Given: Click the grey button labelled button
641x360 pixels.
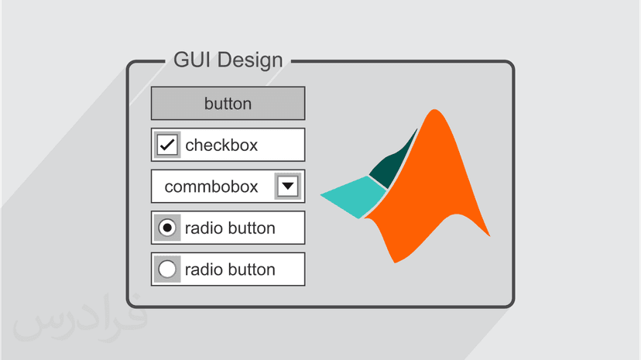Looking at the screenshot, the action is tap(228, 103).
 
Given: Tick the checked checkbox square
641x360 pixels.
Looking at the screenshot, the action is tap(167, 145).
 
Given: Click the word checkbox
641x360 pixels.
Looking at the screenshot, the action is tap(221, 145).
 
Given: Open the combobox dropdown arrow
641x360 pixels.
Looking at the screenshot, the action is tap(288, 187).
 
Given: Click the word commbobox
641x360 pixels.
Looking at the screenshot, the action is tap(211, 187).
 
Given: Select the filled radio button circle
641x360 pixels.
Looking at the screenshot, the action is tap(167, 228).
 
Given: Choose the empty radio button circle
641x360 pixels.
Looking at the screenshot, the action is tap(167, 269).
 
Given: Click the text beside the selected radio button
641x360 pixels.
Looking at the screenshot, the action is tap(230, 228).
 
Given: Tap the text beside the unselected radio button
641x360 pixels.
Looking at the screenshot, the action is tap(230, 269).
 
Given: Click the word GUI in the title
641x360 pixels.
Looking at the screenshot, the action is tap(193, 60).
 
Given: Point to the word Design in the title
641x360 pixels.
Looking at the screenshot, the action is tap(250, 60).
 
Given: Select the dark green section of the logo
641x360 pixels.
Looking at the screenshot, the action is tap(392, 163).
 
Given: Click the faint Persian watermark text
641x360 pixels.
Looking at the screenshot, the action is tap(80, 319).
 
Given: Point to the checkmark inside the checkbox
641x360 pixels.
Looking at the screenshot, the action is tap(167, 145).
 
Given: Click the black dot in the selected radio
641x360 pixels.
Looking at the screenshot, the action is tap(167, 228).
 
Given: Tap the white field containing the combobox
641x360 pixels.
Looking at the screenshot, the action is tap(228, 187).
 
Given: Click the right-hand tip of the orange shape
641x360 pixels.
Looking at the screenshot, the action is tap(490, 236).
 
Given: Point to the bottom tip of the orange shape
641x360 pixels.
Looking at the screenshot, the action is tap(395, 262).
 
